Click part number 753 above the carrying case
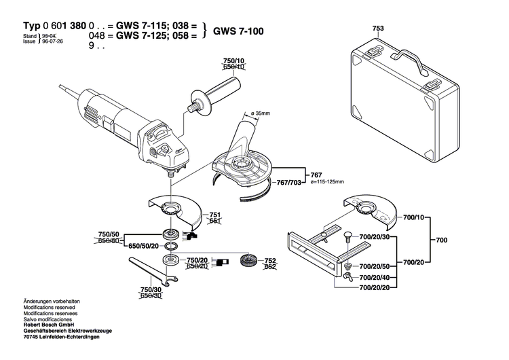(x=378, y=29)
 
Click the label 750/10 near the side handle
(x=233, y=61)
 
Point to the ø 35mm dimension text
(x=261, y=113)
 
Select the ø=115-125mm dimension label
(x=325, y=181)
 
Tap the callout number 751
(x=214, y=214)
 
